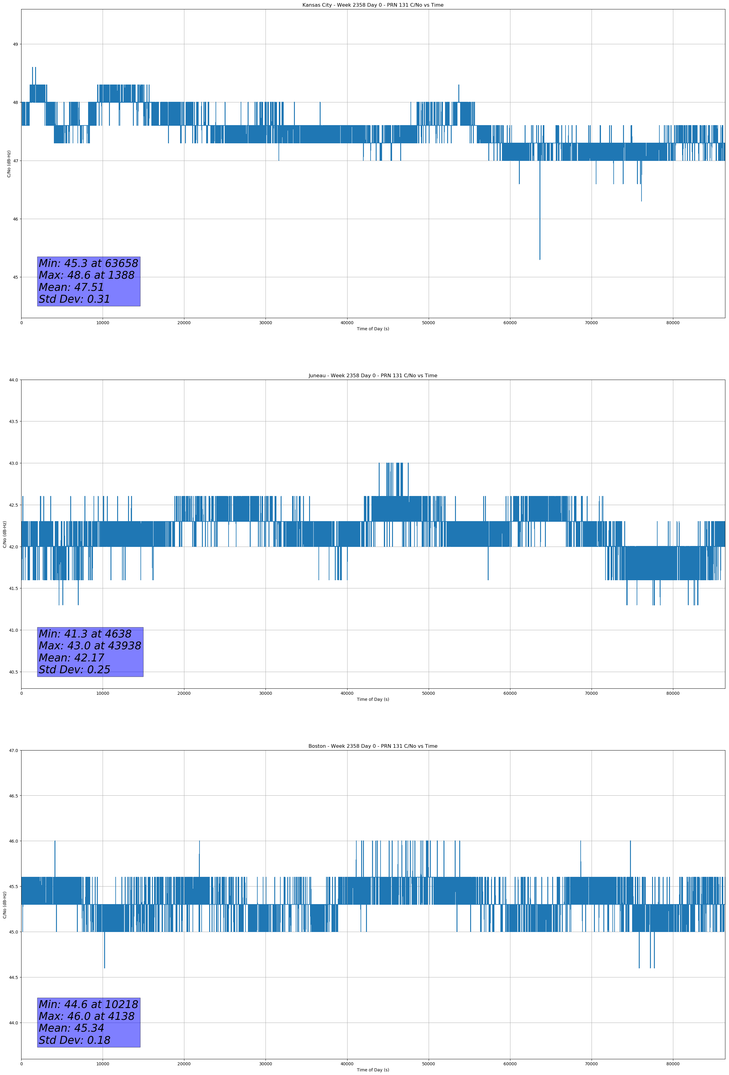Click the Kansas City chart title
tap(373, 5)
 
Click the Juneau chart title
tap(373, 376)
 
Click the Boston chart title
tap(373, 746)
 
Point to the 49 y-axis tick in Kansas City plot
tap(15, 45)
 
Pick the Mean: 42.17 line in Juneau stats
tap(71, 658)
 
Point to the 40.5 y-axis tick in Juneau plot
tap(13, 672)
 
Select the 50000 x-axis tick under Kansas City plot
tap(428, 323)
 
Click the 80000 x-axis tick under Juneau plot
tap(673, 693)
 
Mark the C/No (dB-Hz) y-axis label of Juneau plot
tap(5, 534)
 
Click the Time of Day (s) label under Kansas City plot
tap(373, 329)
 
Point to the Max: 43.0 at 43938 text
tap(90, 646)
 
